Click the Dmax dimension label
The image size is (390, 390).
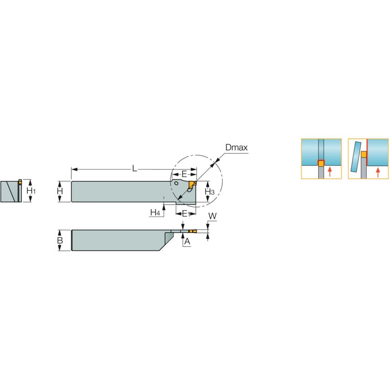[x=236, y=148]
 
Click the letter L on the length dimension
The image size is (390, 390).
[x=134, y=169]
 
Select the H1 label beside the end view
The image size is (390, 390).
[x=31, y=190]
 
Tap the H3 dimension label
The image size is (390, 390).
[x=209, y=191]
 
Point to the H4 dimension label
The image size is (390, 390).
[x=155, y=212]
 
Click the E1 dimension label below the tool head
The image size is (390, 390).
[x=185, y=213]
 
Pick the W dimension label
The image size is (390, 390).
[x=212, y=215]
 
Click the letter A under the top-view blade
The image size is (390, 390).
[x=187, y=242]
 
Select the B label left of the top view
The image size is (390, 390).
[x=60, y=240]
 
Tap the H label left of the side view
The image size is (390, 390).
[x=60, y=191]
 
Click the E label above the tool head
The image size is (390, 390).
[x=184, y=174]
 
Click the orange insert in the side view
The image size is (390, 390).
[x=191, y=184]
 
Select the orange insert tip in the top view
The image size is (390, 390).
[x=192, y=232]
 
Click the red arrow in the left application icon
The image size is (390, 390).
[x=329, y=172]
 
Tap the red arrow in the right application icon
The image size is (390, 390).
[x=378, y=172]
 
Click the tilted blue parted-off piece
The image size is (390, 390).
[x=354, y=156]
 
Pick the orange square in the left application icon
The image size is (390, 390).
[x=321, y=163]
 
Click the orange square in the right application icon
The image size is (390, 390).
[x=364, y=154]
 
